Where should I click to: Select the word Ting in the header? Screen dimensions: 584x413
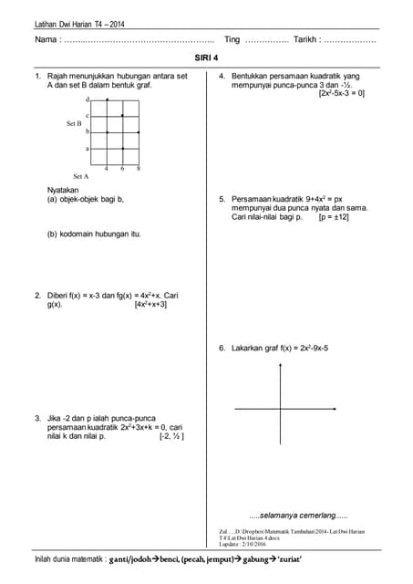pos(232,40)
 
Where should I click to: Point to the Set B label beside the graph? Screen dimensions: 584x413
pos(74,122)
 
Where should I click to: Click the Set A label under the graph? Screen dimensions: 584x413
pos(80,175)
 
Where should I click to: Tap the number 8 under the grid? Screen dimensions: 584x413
pos(138,169)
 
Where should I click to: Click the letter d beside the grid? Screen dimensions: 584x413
pos(87,99)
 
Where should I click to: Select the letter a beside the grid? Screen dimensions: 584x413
pos(87,148)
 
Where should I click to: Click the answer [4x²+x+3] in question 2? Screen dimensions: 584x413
pos(150,305)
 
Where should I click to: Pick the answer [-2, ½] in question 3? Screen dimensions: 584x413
pos(171,436)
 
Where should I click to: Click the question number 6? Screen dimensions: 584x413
pos(222,348)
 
